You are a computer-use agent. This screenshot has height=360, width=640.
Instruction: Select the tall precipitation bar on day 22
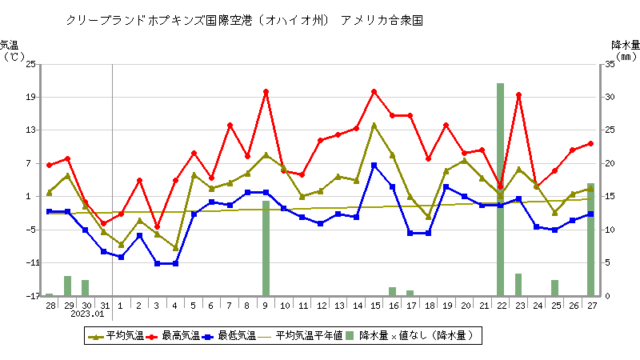tap(500, 189)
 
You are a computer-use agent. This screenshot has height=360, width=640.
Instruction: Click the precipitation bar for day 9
tap(266, 248)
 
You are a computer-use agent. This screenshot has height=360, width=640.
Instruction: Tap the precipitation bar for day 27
tap(590, 239)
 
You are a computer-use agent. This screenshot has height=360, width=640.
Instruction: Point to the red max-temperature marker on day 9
tap(266, 92)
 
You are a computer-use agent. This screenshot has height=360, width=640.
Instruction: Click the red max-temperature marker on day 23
tap(518, 95)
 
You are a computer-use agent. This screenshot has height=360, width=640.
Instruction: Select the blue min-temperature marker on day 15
tap(374, 165)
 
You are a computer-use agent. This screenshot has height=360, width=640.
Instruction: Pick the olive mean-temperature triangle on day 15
tap(374, 126)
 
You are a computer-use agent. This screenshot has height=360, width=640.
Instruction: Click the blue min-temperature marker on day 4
tap(175, 263)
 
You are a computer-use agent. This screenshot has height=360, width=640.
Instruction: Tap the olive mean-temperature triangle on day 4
tap(175, 248)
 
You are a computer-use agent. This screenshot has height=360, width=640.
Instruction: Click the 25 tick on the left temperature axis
tap(30, 64)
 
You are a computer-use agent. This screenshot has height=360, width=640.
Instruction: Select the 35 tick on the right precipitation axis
tap(610, 64)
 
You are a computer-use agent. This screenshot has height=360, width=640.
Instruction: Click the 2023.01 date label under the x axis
tap(87, 314)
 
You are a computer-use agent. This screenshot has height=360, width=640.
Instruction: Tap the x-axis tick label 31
tap(106, 306)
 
